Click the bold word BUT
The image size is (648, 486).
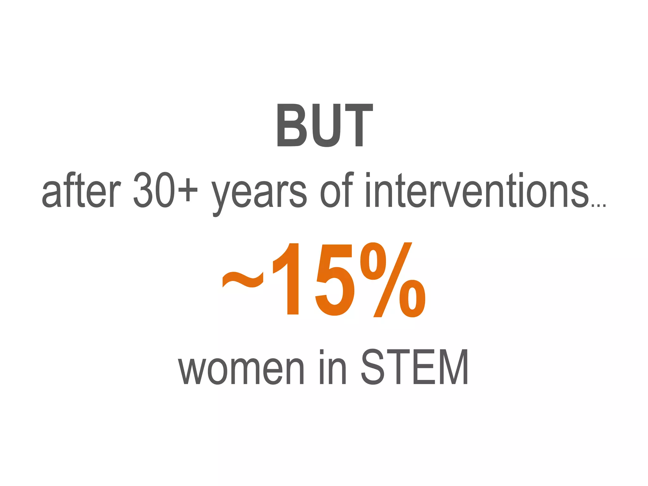pos(325,125)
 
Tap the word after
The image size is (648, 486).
pos(81,190)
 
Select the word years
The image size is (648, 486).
pos(259,194)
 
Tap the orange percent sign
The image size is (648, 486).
pos(393,280)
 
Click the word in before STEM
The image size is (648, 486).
pos(333,367)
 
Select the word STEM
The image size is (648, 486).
pos(415,367)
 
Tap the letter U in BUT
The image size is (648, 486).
pos(326,126)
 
